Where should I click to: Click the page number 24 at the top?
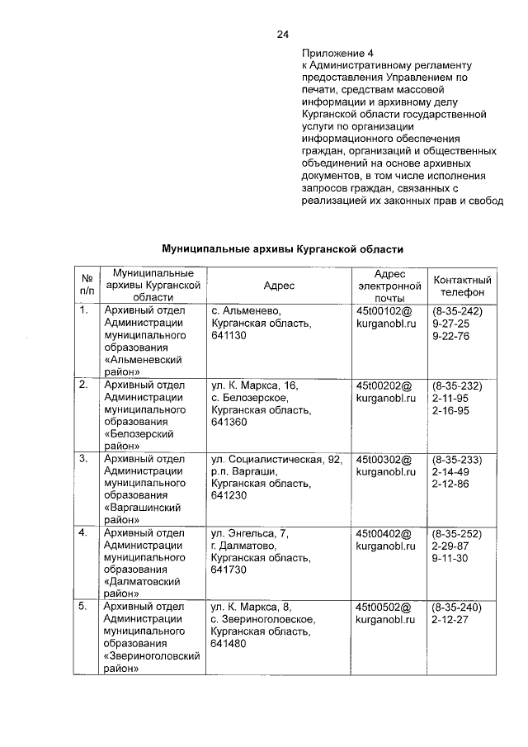point(283,34)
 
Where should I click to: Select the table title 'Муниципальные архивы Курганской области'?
point(283,248)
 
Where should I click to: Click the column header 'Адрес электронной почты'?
point(389,285)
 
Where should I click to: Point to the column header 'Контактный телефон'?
point(462,285)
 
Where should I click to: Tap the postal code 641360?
point(227,422)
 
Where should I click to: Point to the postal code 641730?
point(227,570)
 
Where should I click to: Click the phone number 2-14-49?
point(450,471)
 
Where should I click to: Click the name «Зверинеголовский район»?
point(153,663)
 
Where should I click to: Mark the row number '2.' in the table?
point(83,385)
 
